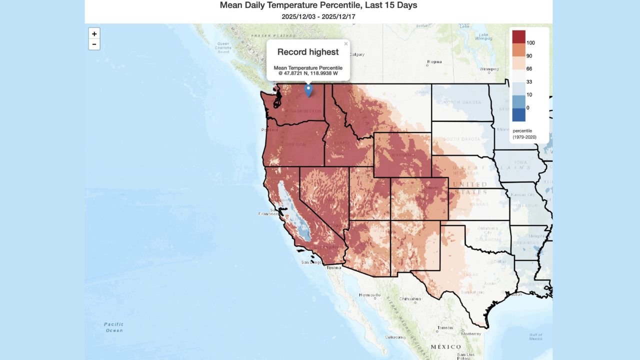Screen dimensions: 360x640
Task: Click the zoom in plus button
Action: click(94, 33)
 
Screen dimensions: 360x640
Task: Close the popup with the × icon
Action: click(345, 44)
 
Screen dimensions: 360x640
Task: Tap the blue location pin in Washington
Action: click(308, 90)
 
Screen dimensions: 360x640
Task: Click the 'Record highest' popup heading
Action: click(308, 52)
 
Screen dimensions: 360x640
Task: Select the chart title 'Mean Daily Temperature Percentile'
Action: click(318, 5)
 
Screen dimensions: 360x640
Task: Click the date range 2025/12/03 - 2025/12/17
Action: click(318, 16)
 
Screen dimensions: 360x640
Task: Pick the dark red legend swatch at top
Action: click(518, 36)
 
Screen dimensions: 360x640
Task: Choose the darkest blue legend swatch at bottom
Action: click(518, 114)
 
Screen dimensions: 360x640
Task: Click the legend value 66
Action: click(529, 69)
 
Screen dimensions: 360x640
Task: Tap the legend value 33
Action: click(529, 82)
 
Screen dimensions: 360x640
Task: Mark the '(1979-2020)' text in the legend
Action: click(524, 136)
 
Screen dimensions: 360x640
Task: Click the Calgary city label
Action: click(357, 54)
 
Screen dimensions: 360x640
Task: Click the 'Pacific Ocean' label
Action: click(113, 327)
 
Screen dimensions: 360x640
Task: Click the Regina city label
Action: click(434, 62)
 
